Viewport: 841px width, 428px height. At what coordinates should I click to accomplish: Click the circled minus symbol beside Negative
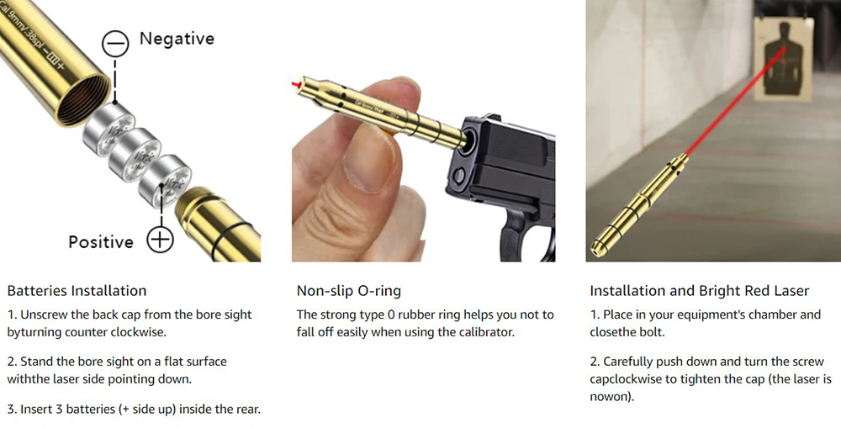click(x=115, y=44)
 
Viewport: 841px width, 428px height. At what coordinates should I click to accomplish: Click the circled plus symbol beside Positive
click(x=160, y=239)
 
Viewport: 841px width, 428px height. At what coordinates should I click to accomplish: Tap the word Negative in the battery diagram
click(x=177, y=39)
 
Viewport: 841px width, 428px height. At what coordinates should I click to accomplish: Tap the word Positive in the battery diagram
click(x=101, y=242)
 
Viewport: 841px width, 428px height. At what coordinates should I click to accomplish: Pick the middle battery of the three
click(x=135, y=155)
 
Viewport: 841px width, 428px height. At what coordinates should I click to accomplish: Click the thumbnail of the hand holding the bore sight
click(x=423, y=131)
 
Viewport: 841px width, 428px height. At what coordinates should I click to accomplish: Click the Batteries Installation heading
click(x=77, y=291)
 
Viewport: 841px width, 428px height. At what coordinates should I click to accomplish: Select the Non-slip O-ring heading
click(x=349, y=291)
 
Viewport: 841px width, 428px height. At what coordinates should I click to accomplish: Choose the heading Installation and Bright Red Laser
click(x=700, y=291)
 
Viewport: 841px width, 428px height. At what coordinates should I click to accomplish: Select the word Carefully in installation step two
click(x=627, y=362)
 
